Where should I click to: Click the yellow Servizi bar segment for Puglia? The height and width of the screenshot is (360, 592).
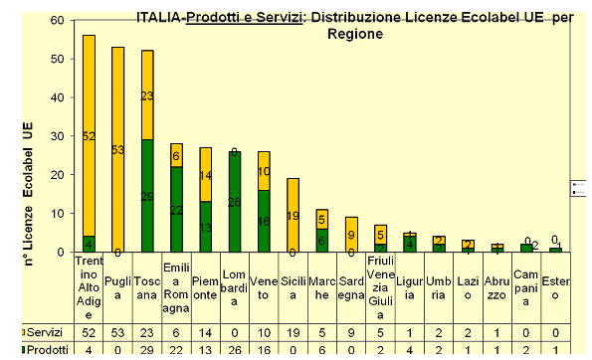[117, 149]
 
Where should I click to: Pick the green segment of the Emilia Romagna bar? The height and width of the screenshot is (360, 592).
[176, 210]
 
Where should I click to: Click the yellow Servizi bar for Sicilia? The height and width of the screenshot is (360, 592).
[292, 215]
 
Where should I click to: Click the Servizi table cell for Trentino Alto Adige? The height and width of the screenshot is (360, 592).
[89, 330]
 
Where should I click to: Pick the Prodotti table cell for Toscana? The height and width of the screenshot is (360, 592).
[147, 349]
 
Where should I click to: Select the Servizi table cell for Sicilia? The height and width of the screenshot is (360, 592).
[292, 330]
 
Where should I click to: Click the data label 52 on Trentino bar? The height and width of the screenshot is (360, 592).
[89, 136]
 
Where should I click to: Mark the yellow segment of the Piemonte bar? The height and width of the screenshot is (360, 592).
[205, 175]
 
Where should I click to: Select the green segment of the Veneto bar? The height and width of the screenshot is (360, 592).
[263, 221]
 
